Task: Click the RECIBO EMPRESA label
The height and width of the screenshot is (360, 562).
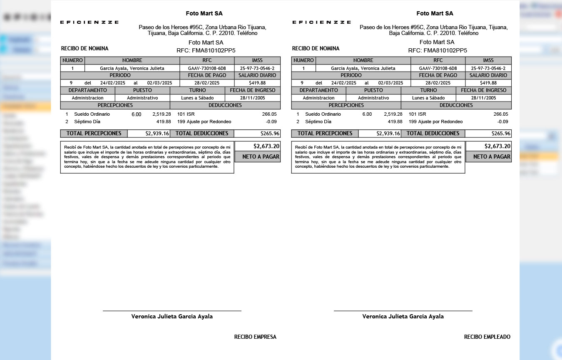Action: (x=255, y=337)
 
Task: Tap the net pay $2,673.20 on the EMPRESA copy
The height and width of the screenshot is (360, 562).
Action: (x=266, y=146)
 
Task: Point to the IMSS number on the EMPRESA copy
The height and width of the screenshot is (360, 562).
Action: (x=257, y=68)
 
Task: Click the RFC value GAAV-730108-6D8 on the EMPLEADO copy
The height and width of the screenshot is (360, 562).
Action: (x=438, y=68)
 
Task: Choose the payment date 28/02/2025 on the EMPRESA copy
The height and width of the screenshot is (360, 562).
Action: (x=207, y=83)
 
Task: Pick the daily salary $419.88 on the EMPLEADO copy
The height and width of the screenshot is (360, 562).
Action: (x=488, y=83)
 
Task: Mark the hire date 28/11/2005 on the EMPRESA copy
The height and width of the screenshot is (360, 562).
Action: (x=252, y=98)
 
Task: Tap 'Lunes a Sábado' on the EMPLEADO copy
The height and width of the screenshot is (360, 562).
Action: (x=428, y=98)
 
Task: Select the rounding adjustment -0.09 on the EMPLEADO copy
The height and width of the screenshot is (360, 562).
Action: (x=503, y=122)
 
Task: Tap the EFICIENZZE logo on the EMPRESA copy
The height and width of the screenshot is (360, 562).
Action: (x=89, y=22)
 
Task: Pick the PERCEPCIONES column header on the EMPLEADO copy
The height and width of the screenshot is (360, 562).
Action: (x=346, y=105)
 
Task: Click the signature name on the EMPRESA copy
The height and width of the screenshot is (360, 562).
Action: (x=172, y=316)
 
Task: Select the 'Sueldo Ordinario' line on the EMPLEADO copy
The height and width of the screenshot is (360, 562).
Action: (x=323, y=114)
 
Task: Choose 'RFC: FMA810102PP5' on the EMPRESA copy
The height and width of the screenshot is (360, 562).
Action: (x=206, y=50)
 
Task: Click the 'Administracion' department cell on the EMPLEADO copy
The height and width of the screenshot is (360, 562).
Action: (x=318, y=98)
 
